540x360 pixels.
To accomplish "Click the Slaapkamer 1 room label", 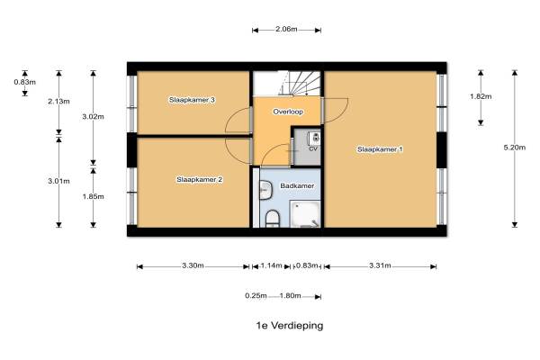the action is [380, 149].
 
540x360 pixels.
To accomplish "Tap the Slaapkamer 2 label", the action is [200, 179].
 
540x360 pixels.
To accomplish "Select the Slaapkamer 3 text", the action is [192, 100].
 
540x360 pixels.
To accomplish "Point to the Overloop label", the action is [288, 112].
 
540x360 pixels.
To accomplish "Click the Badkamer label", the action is [297, 186].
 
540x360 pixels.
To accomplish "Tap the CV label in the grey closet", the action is [313, 148].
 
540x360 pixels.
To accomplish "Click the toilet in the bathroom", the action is [273, 219].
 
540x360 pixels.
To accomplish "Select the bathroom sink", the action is [265, 191].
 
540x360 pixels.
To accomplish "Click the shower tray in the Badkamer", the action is [305, 214].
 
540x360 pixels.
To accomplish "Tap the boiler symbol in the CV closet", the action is [314, 138].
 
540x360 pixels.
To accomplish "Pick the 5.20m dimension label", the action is [515, 148].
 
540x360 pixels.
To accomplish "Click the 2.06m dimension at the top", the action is [286, 29].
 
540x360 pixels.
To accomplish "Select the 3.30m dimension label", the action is [193, 265].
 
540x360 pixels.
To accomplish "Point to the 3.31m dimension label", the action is [380, 265].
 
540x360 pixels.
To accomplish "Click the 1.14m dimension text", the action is [271, 265].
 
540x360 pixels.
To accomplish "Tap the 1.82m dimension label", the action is [481, 96].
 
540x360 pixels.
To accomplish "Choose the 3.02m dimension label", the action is [93, 117].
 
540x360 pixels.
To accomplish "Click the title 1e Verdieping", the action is [290, 326].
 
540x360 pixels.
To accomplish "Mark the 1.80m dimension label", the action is [290, 296].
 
